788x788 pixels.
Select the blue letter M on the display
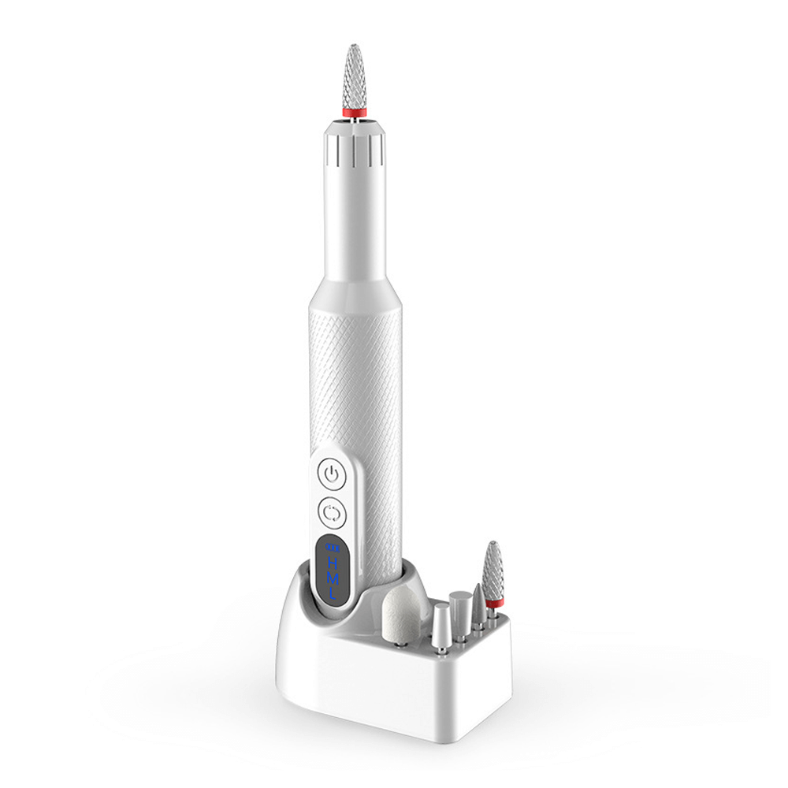(x=333, y=580)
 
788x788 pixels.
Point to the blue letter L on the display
(x=333, y=597)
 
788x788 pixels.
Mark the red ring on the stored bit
(x=496, y=604)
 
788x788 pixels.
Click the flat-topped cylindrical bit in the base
(x=461, y=608)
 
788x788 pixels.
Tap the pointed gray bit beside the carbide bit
(x=479, y=604)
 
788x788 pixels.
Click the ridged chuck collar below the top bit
(x=352, y=142)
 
